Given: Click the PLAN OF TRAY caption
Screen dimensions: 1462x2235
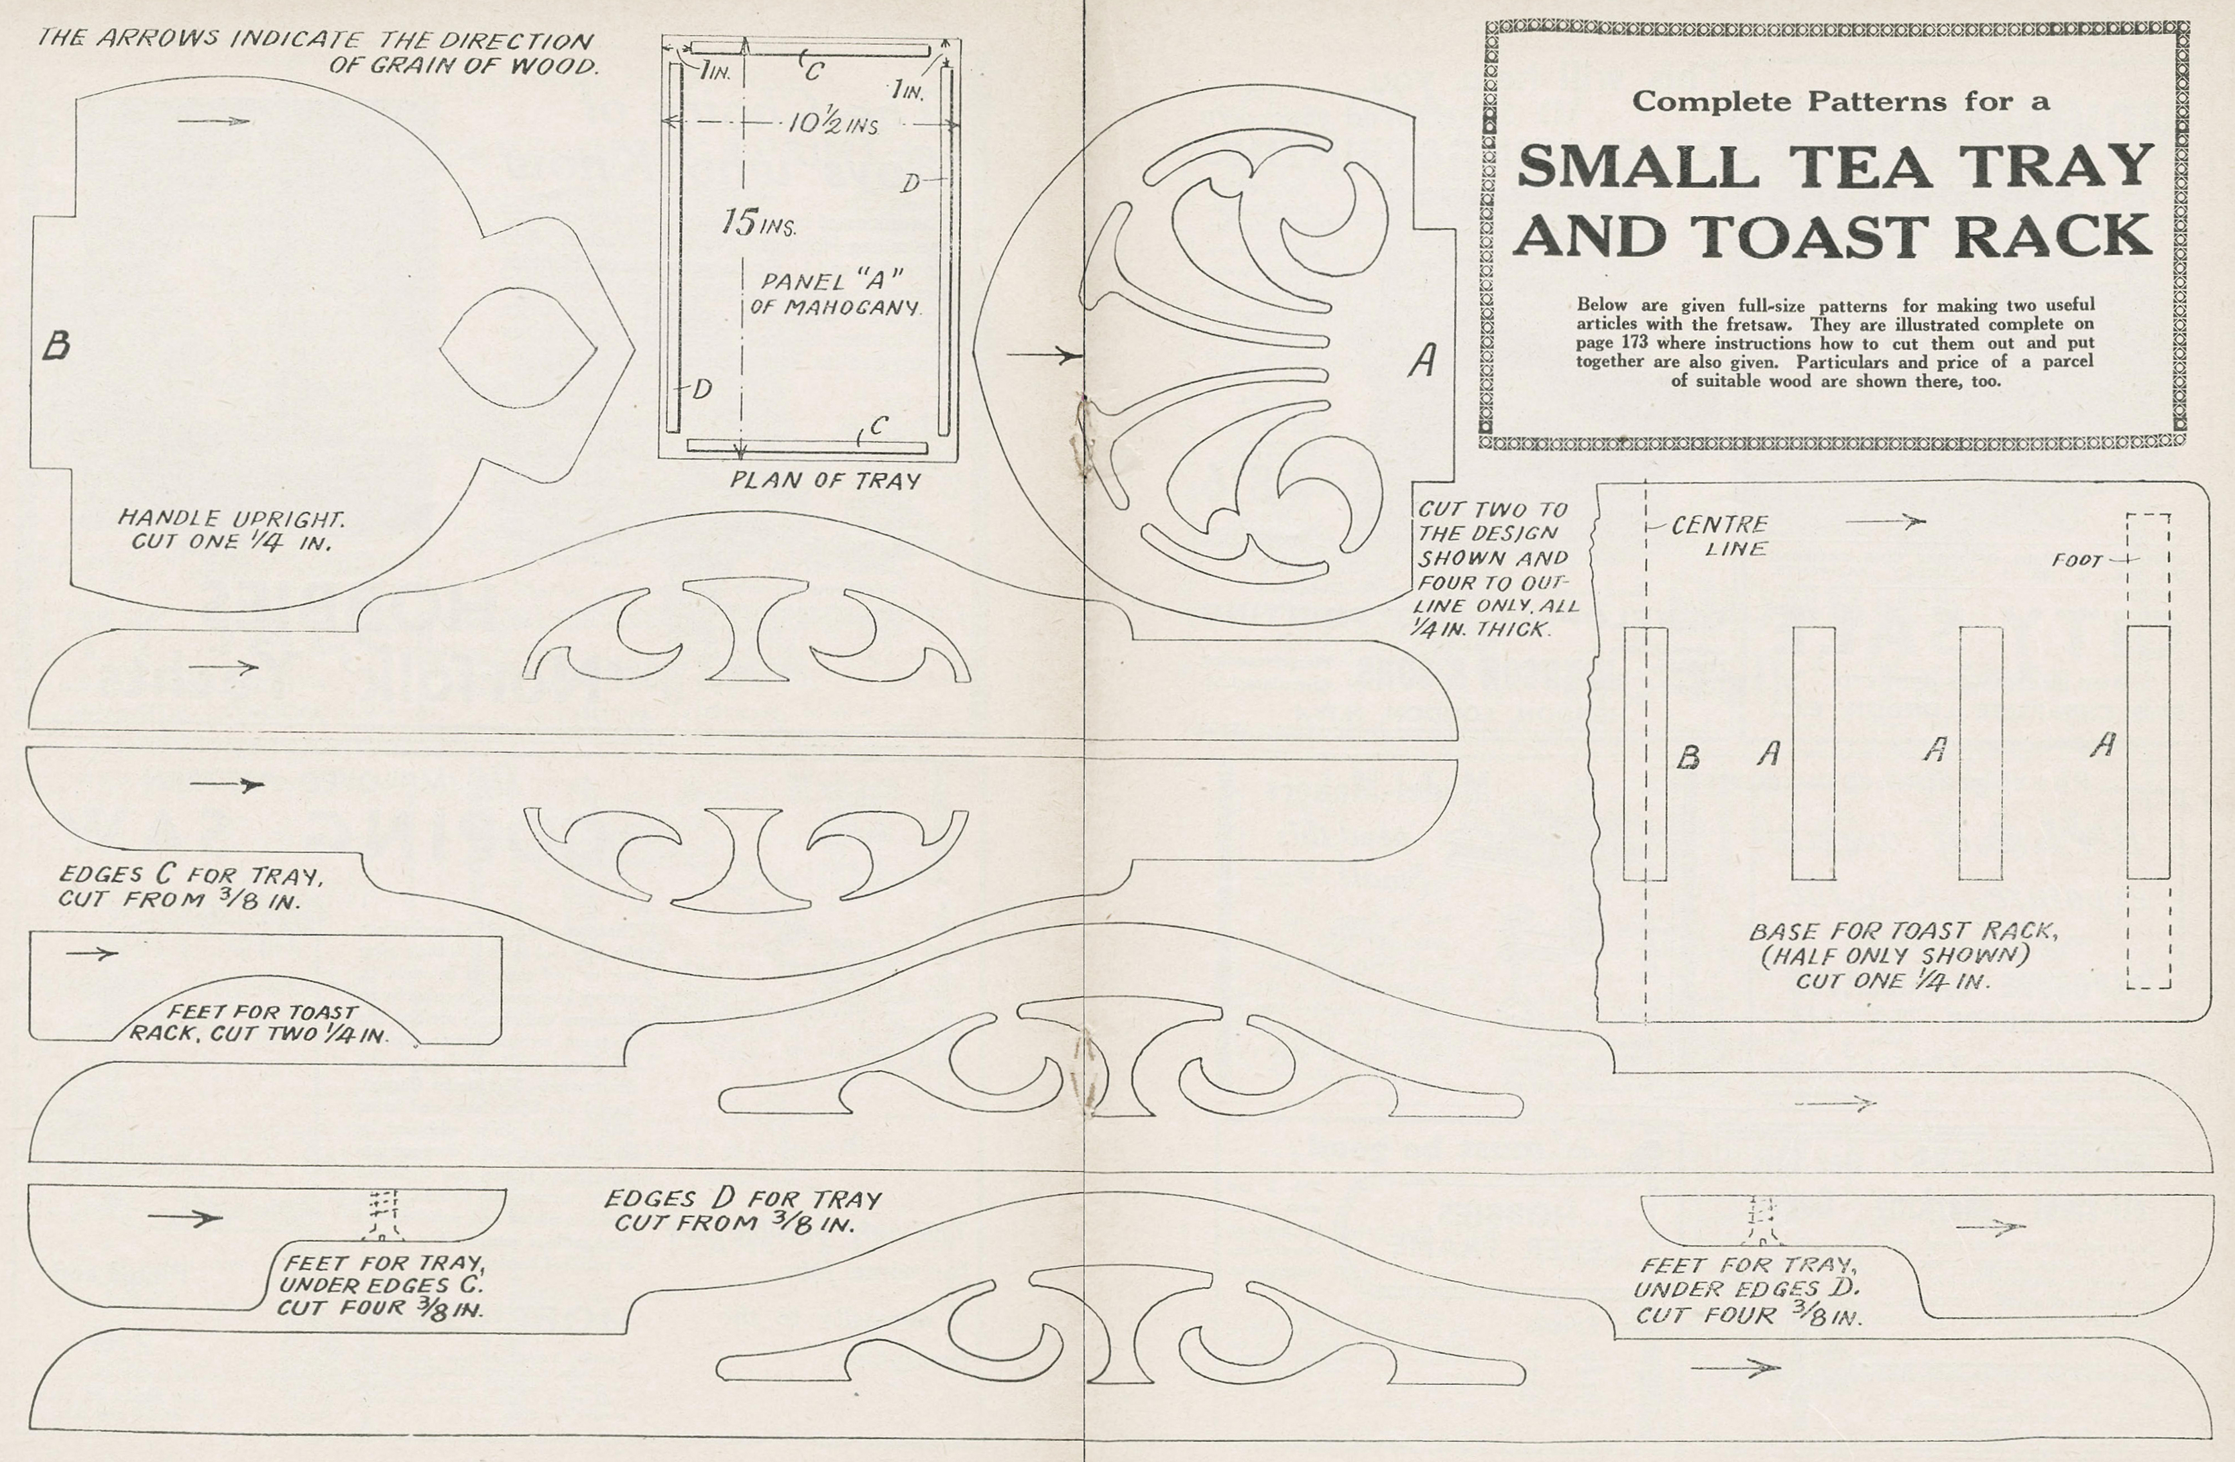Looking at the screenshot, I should tap(825, 481).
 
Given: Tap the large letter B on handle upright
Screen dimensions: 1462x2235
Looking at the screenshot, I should tap(56, 347).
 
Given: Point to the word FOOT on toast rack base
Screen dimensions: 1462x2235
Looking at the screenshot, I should tap(2076, 561).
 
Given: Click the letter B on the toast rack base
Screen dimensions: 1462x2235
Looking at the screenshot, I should tap(1688, 758).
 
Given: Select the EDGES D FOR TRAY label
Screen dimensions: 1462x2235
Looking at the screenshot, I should tap(742, 1211).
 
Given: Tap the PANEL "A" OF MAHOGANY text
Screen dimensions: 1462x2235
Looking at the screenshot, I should tap(835, 294).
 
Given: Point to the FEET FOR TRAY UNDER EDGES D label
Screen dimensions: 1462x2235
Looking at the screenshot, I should tap(1747, 1290).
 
